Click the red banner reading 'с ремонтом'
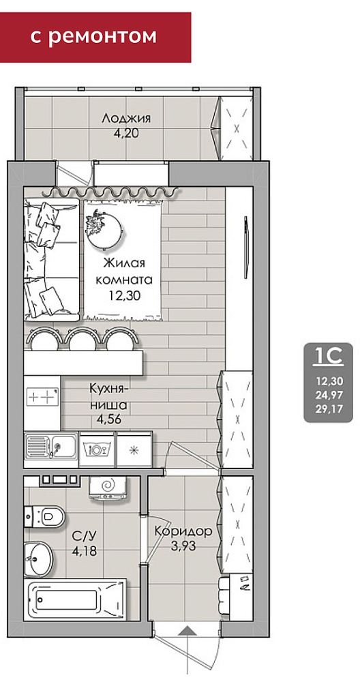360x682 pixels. point(95,37)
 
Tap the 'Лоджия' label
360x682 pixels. point(126,118)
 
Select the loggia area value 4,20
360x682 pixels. point(126,133)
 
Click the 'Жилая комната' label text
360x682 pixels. point(124,271)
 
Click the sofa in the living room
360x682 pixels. point(51,259)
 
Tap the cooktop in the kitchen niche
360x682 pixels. point(42,397)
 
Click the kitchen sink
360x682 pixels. point(51,446)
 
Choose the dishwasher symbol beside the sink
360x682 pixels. point(97,449)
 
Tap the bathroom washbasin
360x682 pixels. point(37,559)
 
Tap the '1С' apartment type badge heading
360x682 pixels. point(328,357)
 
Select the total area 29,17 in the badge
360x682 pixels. point(328,409)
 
